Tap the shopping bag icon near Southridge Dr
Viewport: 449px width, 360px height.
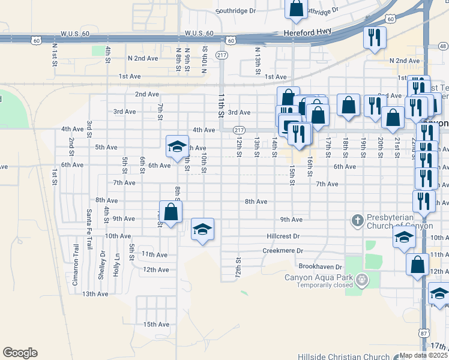click(295, 8)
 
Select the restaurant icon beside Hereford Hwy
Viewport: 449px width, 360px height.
click(375, 38)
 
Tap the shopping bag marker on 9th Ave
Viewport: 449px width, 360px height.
click(171, 211)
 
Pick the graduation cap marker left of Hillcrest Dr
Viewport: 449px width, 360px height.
click(202, 229)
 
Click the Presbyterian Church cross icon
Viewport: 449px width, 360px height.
click(357, 220)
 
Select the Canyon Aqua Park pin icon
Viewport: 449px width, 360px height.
click(362, 279)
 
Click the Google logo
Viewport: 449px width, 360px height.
click(20, 353)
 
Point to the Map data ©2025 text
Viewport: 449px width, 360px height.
click(424, 355)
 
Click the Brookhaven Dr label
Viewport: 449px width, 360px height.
click(320, 266)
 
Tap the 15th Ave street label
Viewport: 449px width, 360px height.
click(156, 325)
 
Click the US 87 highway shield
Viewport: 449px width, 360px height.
click(425, 333)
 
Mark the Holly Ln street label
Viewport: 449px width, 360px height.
click(117, 265)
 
